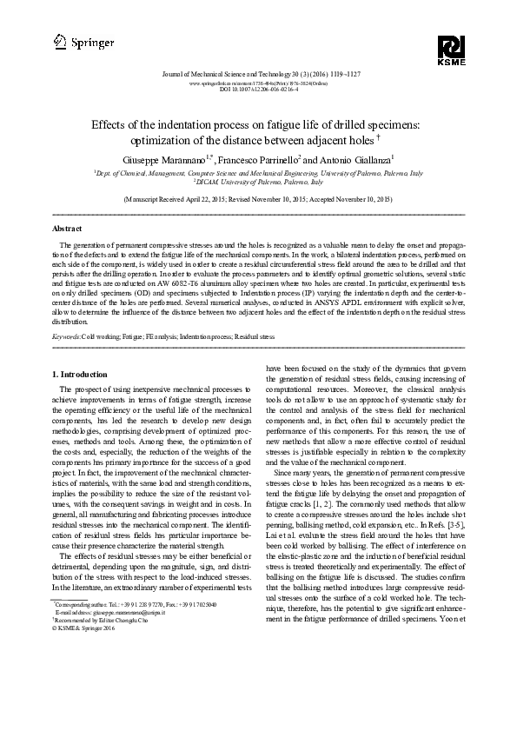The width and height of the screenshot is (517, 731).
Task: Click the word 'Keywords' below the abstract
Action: (x=67, y=335)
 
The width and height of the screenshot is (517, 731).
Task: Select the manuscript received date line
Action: (x=258, y=199)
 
